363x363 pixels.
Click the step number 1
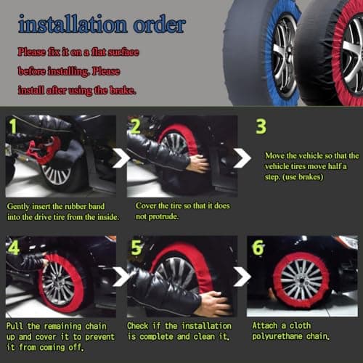(x=13, y=126)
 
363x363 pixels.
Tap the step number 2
(x=135, y=126)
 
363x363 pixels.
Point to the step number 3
(x=261, y=126)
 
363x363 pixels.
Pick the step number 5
(x=136, y=248)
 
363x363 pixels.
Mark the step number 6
(x=258, y=248)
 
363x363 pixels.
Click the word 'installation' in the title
(x=73, y=24)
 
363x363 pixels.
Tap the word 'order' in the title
(x=160, y=24)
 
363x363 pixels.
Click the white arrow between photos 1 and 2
(x=122, y=158)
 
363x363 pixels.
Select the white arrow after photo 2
(x=242, y=158)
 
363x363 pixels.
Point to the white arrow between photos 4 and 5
(x=122, y=277)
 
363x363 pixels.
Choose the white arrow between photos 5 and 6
(x=242, y=277)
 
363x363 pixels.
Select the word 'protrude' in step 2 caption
(x=163, y=216)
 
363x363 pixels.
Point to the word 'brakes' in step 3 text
(x=311, y=177)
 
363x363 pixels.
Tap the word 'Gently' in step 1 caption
(x=18, y=207)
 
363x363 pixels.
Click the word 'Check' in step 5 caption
(x=138, y=326)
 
